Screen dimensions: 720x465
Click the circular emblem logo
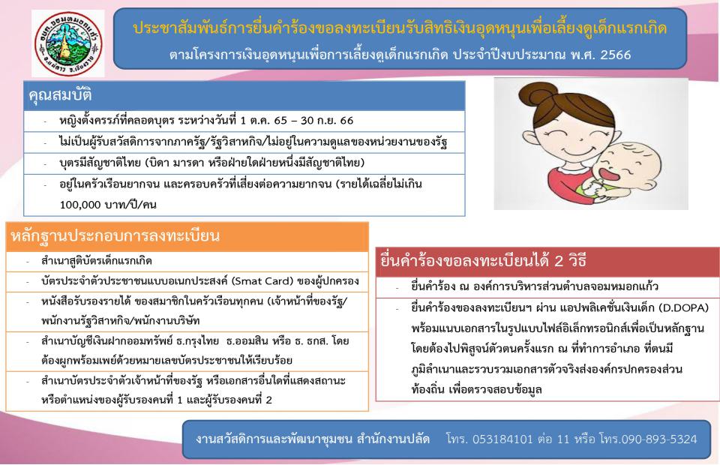[x=68, y=43]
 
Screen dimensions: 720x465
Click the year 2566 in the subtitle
[x=615, y=55]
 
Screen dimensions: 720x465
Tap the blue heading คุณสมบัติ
[x=60, y=95]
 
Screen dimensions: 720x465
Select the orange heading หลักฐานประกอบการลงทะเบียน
[x=115, y=236]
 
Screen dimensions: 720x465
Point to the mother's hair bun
[x=538, y=97]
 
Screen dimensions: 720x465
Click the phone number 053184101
[x=502, y=439]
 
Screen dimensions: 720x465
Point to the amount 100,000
[x=79, y=205]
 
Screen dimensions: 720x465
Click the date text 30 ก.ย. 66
[x=327, y=121]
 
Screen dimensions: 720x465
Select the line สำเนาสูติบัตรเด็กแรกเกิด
[x=97, y=261]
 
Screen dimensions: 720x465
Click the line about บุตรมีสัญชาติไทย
[x=212, y=163]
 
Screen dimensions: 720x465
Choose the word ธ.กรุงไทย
[x=197, y=341]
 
